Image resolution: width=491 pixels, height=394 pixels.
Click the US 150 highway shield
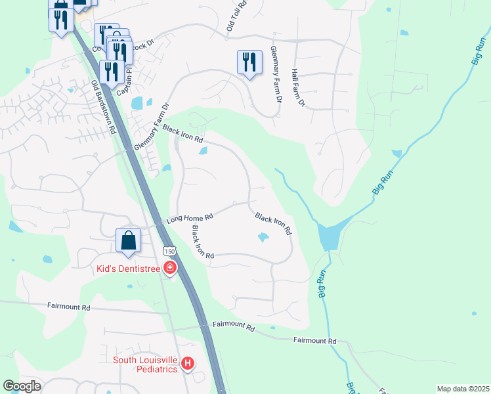coord(169,252)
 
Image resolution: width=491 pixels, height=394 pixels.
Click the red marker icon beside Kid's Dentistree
coord(170,268)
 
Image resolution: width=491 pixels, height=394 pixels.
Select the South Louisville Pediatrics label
coord(146,364)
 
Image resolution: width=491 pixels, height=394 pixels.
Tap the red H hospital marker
coord(188,363)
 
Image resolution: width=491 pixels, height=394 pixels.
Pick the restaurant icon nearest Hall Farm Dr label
coord(249,62)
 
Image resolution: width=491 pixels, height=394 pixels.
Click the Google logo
coord(22,386)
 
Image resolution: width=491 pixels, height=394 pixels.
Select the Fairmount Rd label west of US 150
coord(68,306)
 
